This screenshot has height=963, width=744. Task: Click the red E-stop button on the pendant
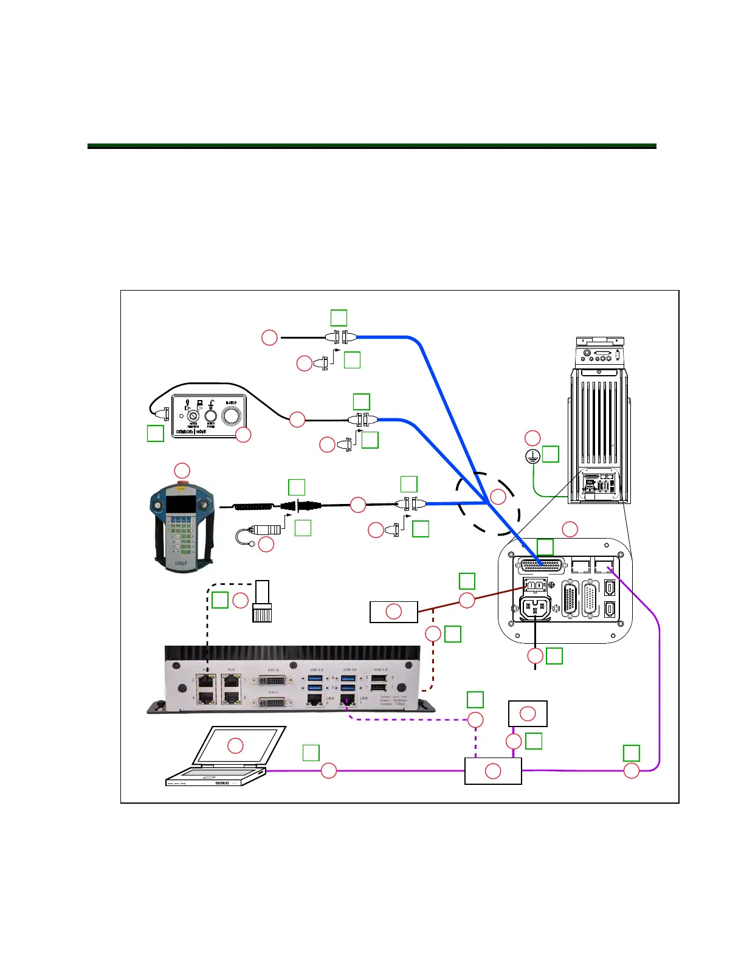coord(182,485)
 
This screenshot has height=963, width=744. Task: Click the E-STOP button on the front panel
coord(231,416)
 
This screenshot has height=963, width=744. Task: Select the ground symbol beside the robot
coord(532,457)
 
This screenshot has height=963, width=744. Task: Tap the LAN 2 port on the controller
coord(314,700)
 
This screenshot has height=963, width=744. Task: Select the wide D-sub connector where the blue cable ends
coord(540,566)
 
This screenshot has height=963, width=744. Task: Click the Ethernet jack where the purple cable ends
coord(603,567)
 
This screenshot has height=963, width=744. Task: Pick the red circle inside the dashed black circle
coord(498,497)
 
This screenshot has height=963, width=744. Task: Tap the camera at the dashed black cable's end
coord(262,601)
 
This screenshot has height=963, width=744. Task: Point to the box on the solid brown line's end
coord(394,612)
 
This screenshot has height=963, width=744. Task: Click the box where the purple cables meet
coord(493,771)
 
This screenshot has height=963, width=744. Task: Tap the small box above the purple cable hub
coord(528,714)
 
